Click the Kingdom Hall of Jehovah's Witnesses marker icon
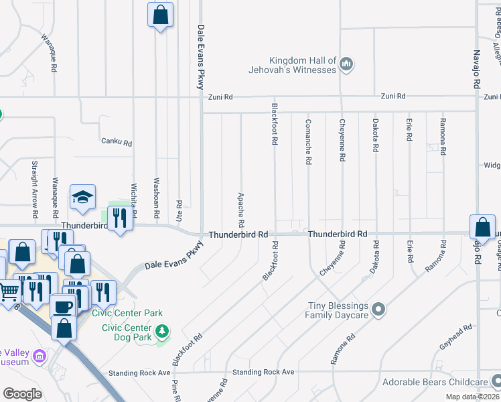pos(346,64)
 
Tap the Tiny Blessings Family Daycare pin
pos(378,309)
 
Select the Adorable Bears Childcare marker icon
pos(495,383)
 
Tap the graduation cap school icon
pos(83,197)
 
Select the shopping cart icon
pos(9,291)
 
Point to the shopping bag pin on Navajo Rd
pos(482,228)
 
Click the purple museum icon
pos(40,355)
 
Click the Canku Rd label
pos(117,143)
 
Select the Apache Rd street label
pos(240,209)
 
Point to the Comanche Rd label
pos(308,141)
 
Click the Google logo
pos(22,393)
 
